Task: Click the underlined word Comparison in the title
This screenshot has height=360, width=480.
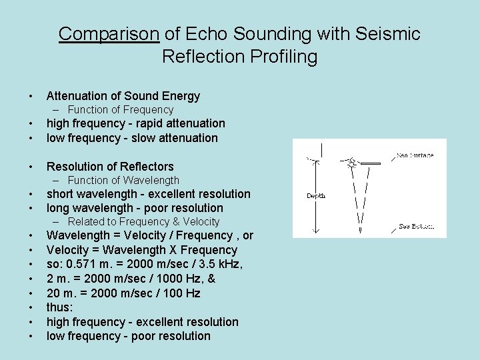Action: coord(109,34)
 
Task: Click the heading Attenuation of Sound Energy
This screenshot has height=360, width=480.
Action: coord(123,96)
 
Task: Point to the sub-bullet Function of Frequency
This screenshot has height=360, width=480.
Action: coord(120,109)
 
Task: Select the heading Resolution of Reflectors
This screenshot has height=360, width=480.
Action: coord(110,167)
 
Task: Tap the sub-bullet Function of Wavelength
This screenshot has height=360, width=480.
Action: coord(123,180)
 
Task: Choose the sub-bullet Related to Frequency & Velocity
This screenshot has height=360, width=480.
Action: coord(143,221)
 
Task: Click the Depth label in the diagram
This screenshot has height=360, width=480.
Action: coord(315,196)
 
